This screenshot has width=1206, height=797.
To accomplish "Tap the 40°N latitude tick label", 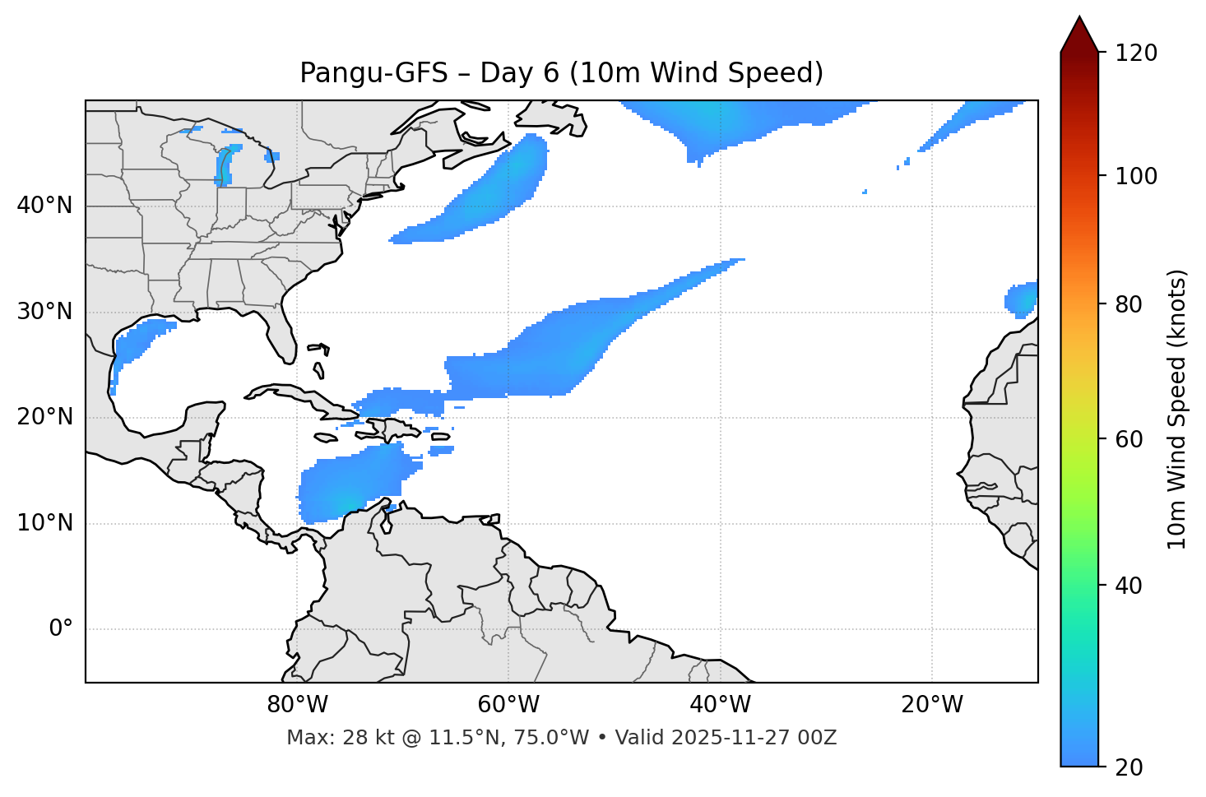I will [44, 206].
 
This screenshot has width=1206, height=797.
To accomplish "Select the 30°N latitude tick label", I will [44, 312].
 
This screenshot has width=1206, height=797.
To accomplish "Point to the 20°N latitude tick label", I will [44, 417].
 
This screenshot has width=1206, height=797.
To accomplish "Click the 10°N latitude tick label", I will [44, 523].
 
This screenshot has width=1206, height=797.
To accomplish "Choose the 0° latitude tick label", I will [61, 629].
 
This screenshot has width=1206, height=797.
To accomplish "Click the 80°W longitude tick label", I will [297, 705].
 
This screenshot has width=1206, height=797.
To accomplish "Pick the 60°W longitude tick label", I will [508, 705].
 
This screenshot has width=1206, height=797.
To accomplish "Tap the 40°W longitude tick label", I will [720, 705].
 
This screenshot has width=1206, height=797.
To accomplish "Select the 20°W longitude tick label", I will [931, 705].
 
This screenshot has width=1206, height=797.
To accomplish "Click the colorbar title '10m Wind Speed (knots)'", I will [1177, 409].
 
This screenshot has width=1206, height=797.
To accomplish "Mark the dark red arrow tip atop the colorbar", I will [1079, 25].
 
